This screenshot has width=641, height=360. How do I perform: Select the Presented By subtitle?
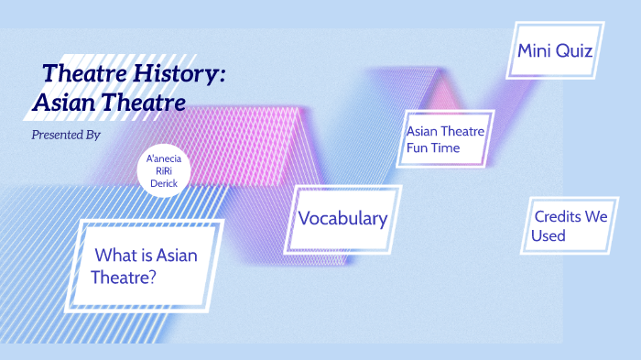[x=65, y=135]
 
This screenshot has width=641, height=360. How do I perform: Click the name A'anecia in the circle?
[x=164, y=158]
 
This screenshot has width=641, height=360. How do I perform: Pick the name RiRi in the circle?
[x=164, y=170]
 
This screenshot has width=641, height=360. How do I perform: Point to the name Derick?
[x=164, y=182]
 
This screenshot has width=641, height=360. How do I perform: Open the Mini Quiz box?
[x=555, y=49]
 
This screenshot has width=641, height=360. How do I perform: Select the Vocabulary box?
[x=342, y=219]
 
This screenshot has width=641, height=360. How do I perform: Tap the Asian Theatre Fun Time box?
[x=445, y=138]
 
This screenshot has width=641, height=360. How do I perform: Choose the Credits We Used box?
[x=570, y=225]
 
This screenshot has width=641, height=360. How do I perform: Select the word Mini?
[x=536, y=49]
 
